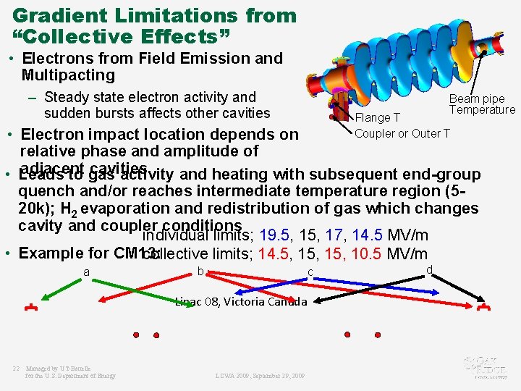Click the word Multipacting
[x=68, y=75]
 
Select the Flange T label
[x=377, y=118]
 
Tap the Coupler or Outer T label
[x=402, y=133]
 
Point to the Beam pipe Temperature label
[x=481, y=104]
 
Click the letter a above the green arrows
[x=86, y=272]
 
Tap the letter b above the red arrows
[x=200, y=272]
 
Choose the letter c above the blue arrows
[x=310, y=272]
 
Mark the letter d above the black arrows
[x=429, y=270]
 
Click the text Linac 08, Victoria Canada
[x=241, y=301]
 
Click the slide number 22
[x=16, y=369]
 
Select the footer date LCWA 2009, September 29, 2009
[x=260, y=376]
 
